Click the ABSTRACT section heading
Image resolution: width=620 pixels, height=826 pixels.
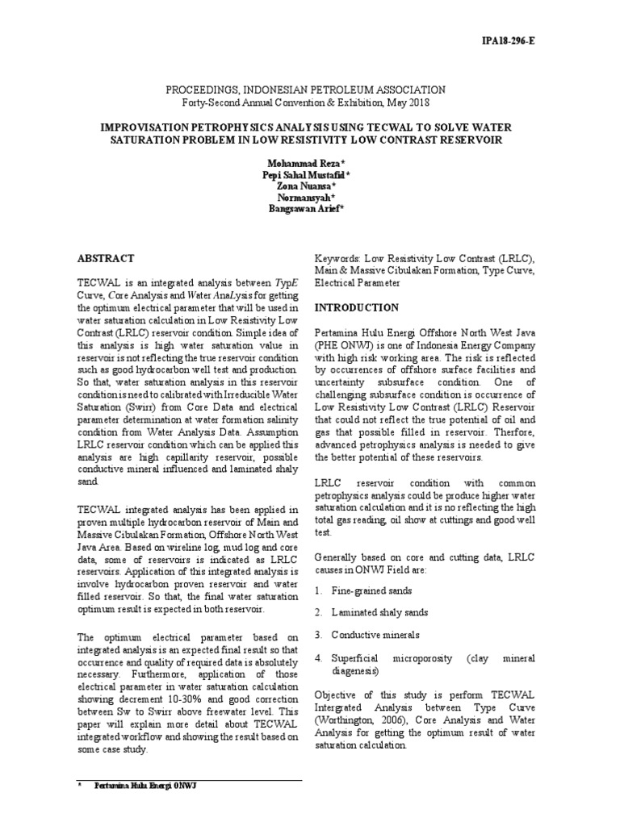click(x=105, y=258)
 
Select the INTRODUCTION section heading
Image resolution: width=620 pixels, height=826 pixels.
click(x=355, y=308)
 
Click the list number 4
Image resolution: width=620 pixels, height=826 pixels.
click(x=318, y=659)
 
